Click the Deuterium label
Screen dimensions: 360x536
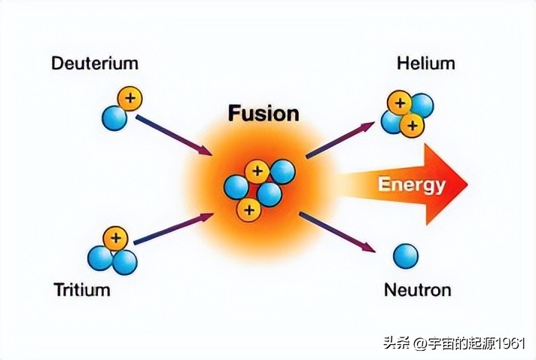coord(95,63)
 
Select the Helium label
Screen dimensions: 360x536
coord(425,63)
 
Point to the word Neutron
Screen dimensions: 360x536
coord(417,289)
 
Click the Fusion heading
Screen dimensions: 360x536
coord(263,114)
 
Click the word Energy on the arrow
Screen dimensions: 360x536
coord(411,185)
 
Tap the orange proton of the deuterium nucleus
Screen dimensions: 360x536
coord(130,98)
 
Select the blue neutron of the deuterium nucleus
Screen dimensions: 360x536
coord(114,117)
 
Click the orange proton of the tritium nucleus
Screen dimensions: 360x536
coord(115,238)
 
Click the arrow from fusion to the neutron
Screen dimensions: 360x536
coord(337,233)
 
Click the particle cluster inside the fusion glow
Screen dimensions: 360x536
coord(258,188)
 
